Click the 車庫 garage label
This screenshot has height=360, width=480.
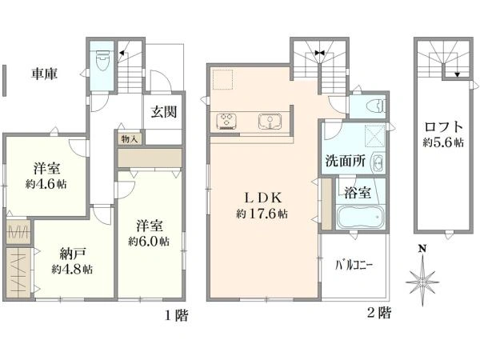pos(44,74)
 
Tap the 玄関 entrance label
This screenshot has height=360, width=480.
pos(164,112)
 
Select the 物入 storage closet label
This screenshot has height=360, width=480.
pos(129,139)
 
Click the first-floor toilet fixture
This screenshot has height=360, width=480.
pos(103,60)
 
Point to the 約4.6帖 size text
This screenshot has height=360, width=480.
pos(46,184)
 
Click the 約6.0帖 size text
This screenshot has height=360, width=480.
pos(149,242)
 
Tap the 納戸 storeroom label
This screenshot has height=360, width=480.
pos(72,254)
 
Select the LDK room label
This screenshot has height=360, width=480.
pos(262,198)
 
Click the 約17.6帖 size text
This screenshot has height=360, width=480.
pos(262,214)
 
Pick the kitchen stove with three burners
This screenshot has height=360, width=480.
pos(227,121)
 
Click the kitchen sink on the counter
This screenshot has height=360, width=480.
pos(270,122)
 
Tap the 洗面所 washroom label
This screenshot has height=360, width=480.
pos(345,161)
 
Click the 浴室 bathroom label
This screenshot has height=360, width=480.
pos(358,192)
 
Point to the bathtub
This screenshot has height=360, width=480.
pos(360,217)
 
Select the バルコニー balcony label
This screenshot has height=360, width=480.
pos(354,265)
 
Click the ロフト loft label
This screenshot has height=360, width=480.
pos(443,126)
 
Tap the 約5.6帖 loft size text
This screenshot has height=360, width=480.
pos(443,142)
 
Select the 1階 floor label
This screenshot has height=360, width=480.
pos(177,315)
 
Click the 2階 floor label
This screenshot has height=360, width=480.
pos(379,313)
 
